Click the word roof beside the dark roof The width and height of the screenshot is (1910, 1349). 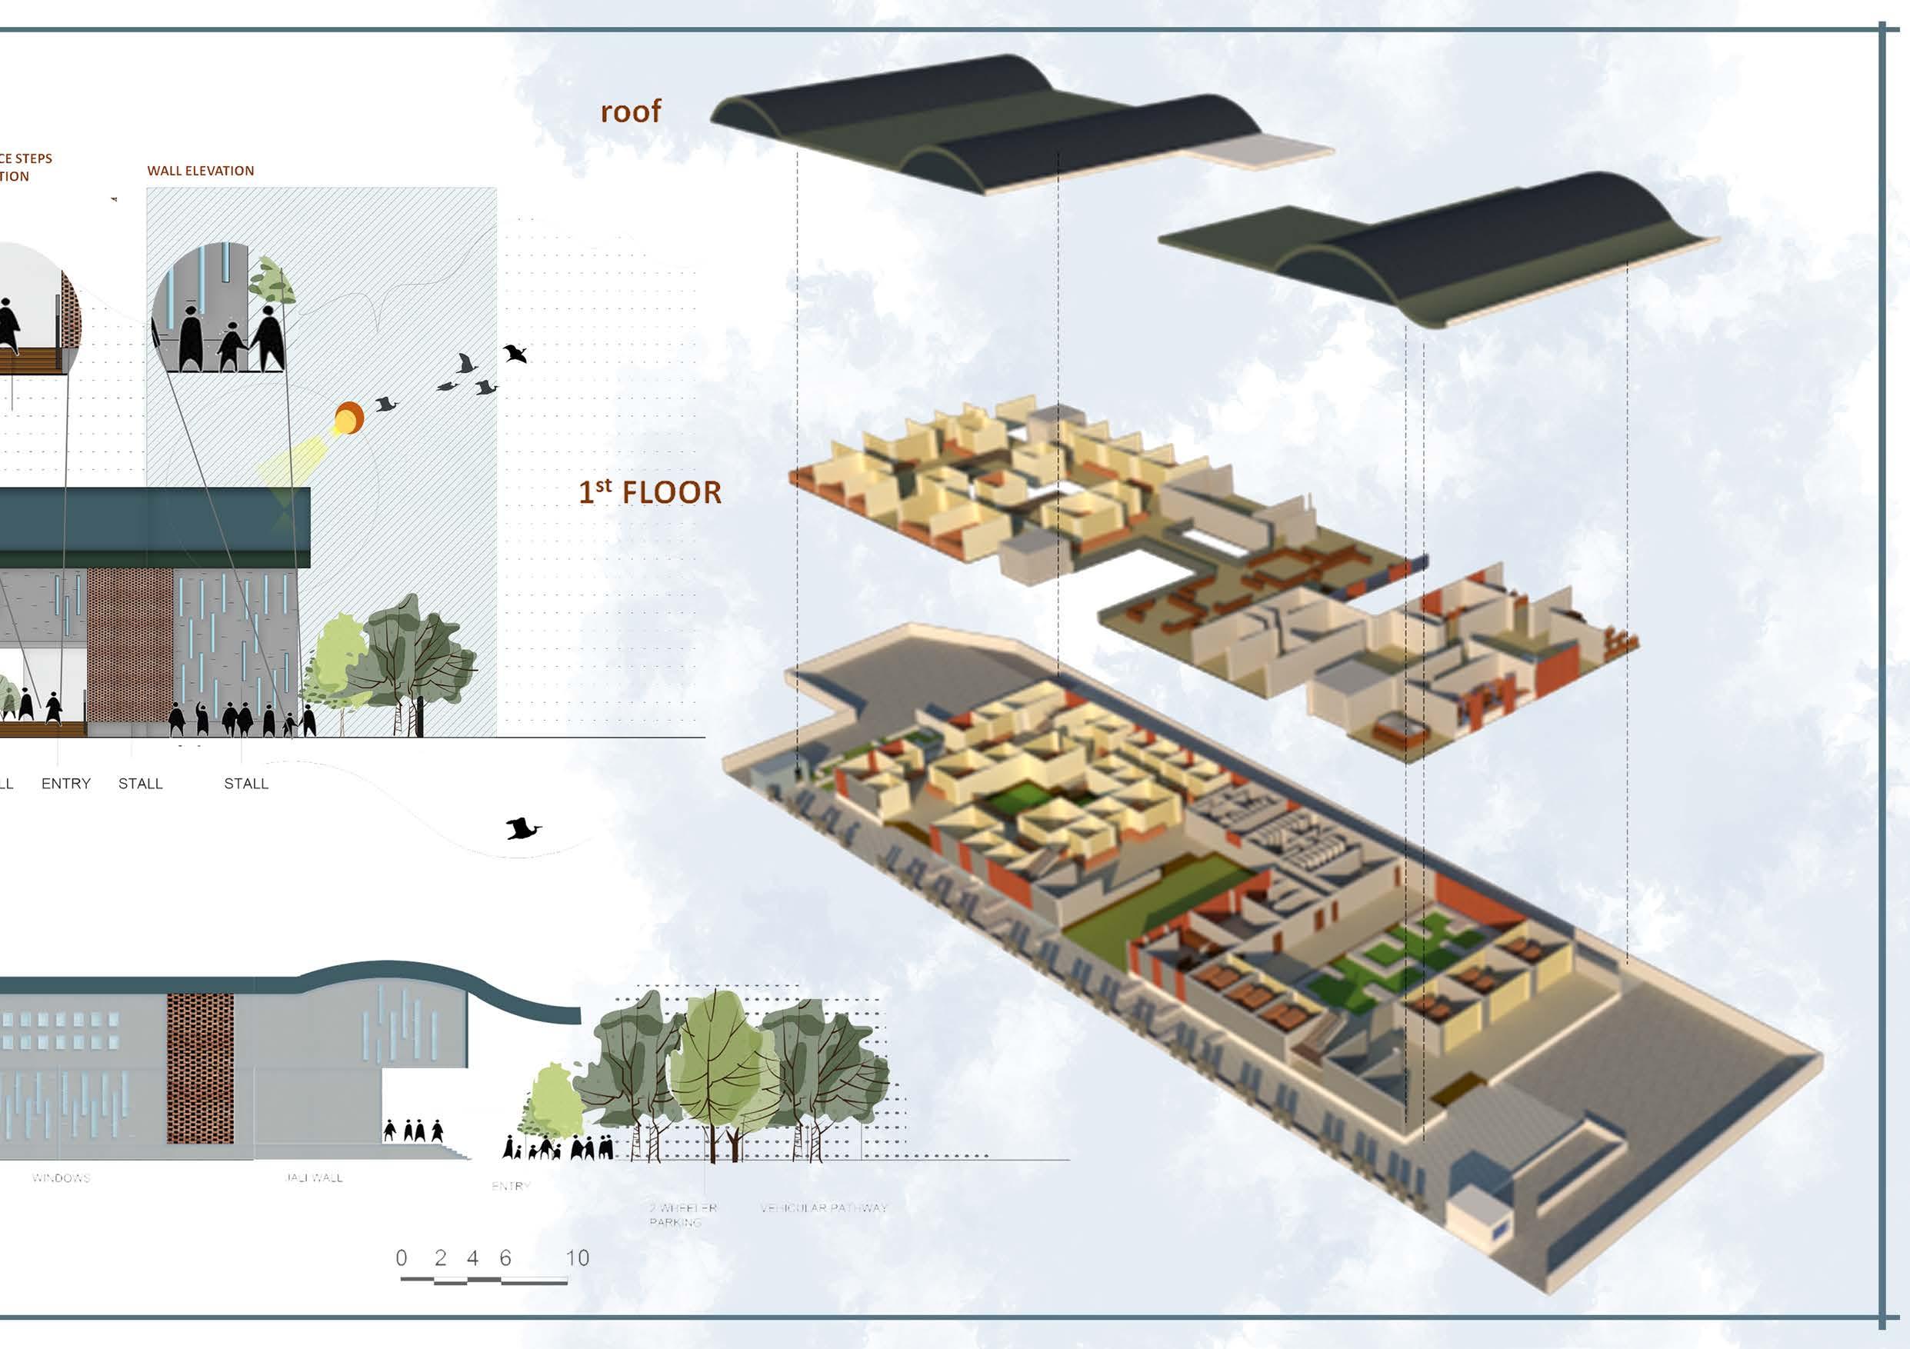tap(631, 112)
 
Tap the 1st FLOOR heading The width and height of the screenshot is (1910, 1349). tap(650, 491)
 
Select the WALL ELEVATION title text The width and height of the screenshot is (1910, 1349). tap(201, 171)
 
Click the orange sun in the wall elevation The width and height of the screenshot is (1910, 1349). tap(348, 417)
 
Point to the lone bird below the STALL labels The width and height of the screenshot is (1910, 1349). tap(522, 828)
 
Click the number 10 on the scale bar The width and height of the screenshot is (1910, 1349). tap(578, 1257)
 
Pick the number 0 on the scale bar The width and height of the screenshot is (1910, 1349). tap(402, 1257)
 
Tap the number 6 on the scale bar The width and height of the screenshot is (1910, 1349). tap(505, 1257)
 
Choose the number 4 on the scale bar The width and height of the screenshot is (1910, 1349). tap(472, 1257)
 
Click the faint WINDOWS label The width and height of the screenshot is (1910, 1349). tap(61, 1177)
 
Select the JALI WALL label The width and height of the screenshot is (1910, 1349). tap(314, 1177)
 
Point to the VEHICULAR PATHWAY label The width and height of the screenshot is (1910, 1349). tap(824, 1207)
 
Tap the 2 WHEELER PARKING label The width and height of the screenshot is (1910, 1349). tap(682, 1215)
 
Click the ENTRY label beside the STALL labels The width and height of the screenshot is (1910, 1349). tap(65, 784)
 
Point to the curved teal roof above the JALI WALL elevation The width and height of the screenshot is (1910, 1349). tap(432, 978)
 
